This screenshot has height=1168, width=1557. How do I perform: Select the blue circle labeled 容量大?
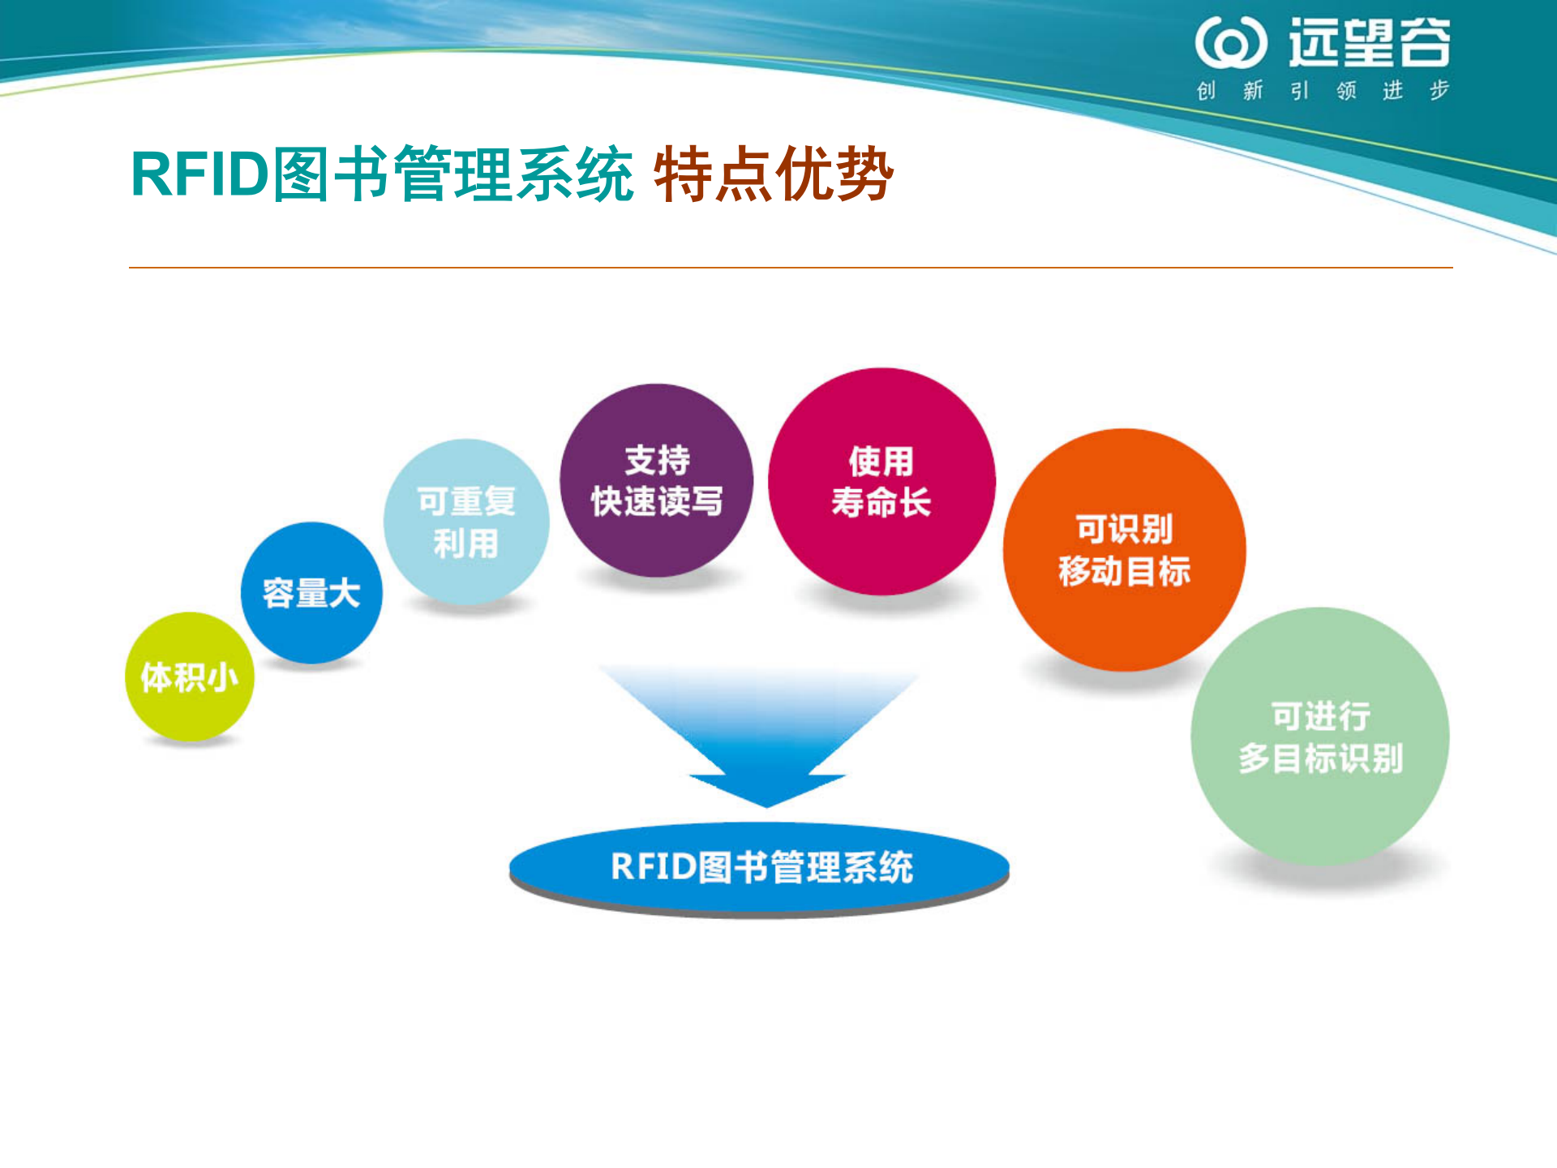pyautogui.click(x=311, y=593)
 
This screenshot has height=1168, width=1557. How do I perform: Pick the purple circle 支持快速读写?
pyautogui.click(x=657, y=480)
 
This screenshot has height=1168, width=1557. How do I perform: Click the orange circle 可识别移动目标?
pyautogui.click(x=1124, y=550)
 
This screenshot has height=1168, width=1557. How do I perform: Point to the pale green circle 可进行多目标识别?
pyautogui.click(x=1319, y=736)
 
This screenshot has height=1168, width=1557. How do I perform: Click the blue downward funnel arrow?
pyautogui.click(x=762, y=730)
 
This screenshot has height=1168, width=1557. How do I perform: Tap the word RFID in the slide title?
pyautogui.click(x=199, y=174)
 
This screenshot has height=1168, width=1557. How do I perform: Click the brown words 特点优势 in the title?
pyautogui.click(x=774, y=174)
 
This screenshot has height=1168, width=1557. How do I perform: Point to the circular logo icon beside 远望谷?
pyautogui.click(x=1230, y=43)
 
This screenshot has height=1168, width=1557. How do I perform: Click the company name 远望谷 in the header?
pyautogui.click(x=1370, y=43)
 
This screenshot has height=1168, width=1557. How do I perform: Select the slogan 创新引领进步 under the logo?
pyautogui.click(x=1323, y=90)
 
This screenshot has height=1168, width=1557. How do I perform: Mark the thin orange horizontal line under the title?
pyautogui.click(x=791, y=267)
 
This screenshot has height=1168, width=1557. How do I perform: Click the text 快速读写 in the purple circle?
pyautogui.click(x=657, y=501)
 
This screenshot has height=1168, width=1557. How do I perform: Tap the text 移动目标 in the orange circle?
pyautogui.click(x=1124, y=571)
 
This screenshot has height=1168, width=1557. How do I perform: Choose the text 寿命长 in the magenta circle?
pyautogui.click(x=881, y=502)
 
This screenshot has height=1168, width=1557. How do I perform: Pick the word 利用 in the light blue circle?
pyautogui.click(x=466, y=543)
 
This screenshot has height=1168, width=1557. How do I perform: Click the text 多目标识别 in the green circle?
pyautogui.click(x=1320, y=758)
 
